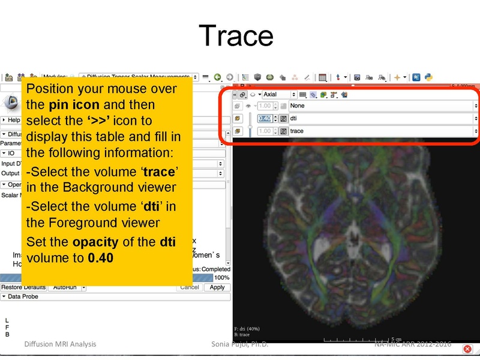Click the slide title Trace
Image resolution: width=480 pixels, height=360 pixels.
236,35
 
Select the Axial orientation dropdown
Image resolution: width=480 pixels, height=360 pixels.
279,94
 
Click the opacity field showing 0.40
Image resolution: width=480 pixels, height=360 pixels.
265,118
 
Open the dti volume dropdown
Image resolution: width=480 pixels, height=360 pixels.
383,118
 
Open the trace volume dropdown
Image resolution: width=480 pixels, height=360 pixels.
383,131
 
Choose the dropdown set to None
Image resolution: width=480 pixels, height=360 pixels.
383,106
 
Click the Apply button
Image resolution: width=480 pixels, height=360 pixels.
217,287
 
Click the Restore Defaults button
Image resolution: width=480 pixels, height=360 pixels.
23,287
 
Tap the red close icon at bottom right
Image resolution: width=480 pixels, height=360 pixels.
467,349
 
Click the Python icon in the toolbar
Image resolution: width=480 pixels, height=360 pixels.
429,77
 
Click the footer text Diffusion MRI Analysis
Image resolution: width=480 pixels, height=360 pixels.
60,344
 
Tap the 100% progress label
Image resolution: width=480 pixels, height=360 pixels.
221,278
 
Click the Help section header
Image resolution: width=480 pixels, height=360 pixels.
13,120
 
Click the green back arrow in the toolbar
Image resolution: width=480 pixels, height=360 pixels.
217,77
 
